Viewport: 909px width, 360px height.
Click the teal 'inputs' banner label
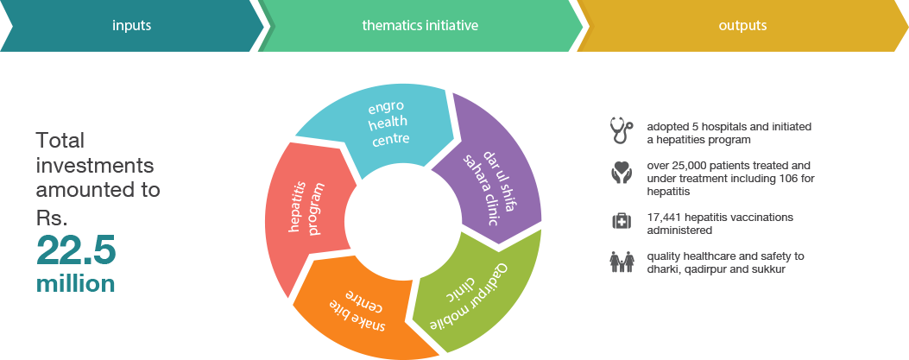click(131, 26)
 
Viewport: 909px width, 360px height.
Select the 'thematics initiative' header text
click(420, 26)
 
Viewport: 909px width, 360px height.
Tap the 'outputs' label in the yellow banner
click(742, 26)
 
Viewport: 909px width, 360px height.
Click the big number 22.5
click(76, 252)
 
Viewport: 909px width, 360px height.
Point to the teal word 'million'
click(76, 284)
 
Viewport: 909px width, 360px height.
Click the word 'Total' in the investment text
click(60, 141)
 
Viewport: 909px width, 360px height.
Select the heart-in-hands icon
click(621, 174)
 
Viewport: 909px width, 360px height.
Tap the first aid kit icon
click(621, 221)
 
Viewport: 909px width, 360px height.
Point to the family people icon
click(621, 262)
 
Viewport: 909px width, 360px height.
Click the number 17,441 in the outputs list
click(666, 217)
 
